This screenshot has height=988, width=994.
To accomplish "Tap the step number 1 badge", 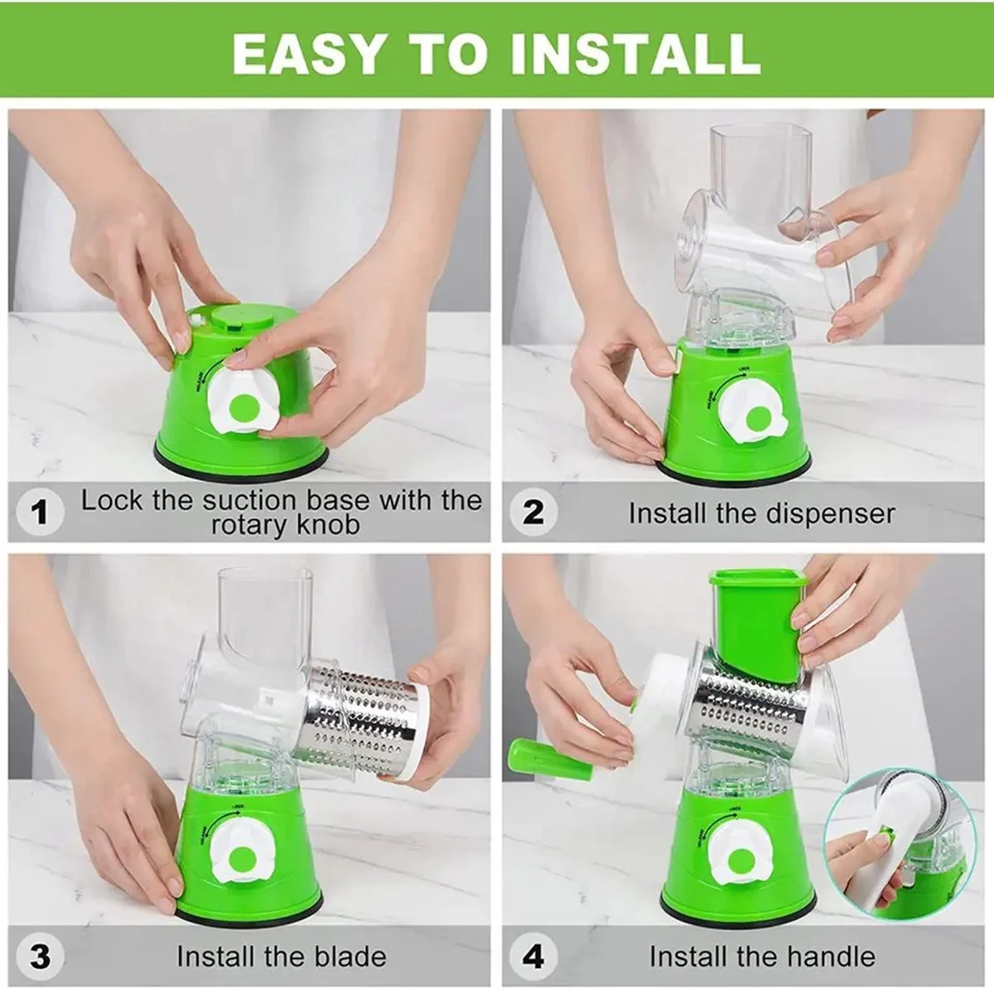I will [x=39, y=513].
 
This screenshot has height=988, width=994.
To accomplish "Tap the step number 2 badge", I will [x=534, y=513].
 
